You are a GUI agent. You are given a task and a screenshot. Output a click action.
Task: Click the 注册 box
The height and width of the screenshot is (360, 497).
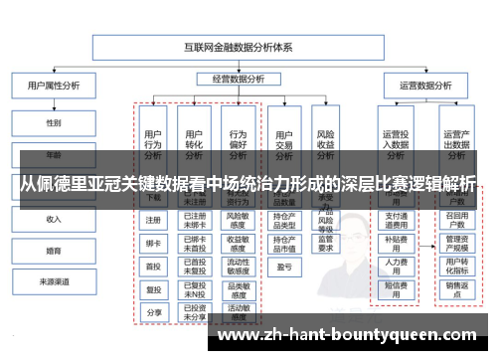click(x=153, y=220)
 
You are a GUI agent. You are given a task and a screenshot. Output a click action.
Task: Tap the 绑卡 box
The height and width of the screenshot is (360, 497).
click(x=153, y=243)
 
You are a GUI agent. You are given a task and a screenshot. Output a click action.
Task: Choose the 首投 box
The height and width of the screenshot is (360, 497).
click(x=153, y=266)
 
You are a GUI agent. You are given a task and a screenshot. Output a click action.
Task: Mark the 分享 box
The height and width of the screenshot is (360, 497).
click(x=153, y=311)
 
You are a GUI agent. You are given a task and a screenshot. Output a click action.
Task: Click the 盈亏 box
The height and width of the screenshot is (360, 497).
click(x=283, y=267)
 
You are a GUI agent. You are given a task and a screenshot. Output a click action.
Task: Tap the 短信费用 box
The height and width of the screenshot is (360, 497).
click(x=396, y=288)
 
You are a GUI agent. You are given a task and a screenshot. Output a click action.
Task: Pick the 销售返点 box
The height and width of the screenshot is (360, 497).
click(x=456, y=288)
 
